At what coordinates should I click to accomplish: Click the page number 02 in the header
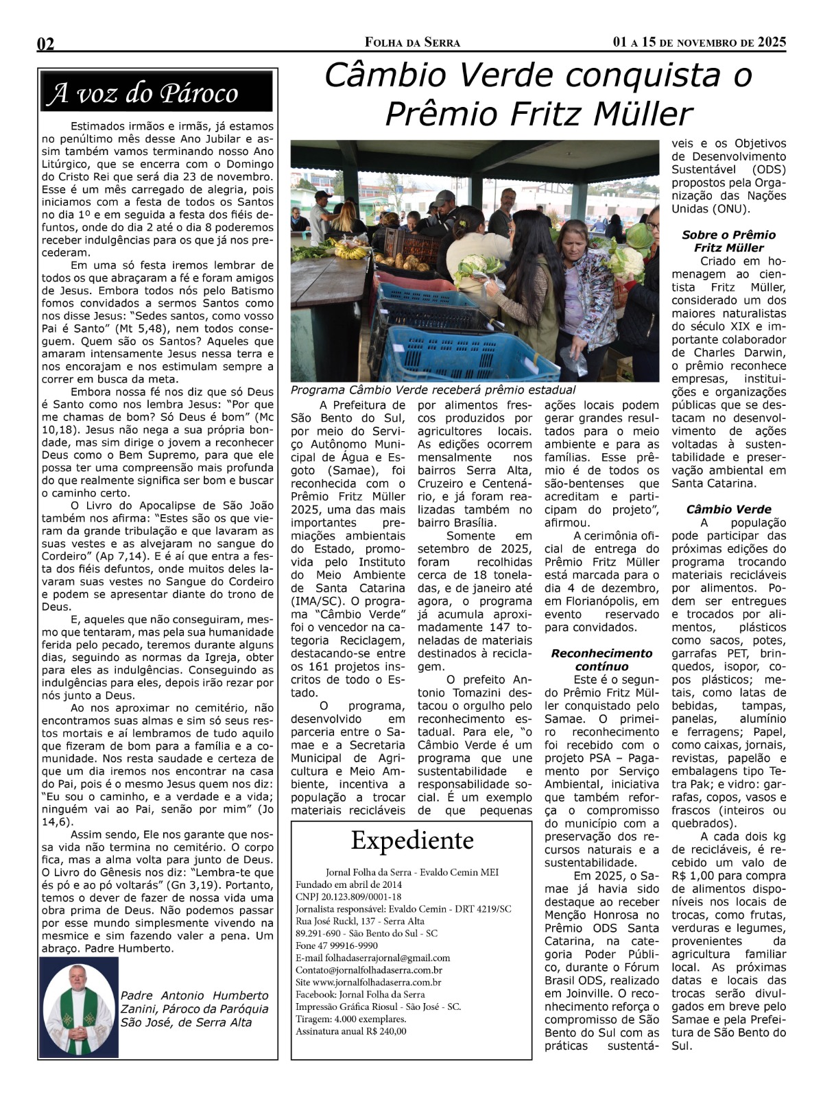pyautogui.click(x=46, y=44)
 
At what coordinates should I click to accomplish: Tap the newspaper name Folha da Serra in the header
pyautogui.click(x=412, y=43)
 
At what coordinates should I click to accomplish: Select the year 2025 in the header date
pyautogui.click(x=772, y=43)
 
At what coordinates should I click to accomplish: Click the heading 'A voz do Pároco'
pyautogui.click(x=143, y=93)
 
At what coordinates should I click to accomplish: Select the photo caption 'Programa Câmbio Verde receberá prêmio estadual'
pyautogui.click(x=433, y=389)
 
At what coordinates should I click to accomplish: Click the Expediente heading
pyautogui.click(x=412, y=841)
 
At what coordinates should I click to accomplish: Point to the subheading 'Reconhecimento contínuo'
pyautogui.click(x=601, y=660)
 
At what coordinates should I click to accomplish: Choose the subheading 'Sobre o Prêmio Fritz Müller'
pyautogui.click(x=728, y=241)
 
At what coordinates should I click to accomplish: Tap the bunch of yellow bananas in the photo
pyautogui.click(x=350, y=252)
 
